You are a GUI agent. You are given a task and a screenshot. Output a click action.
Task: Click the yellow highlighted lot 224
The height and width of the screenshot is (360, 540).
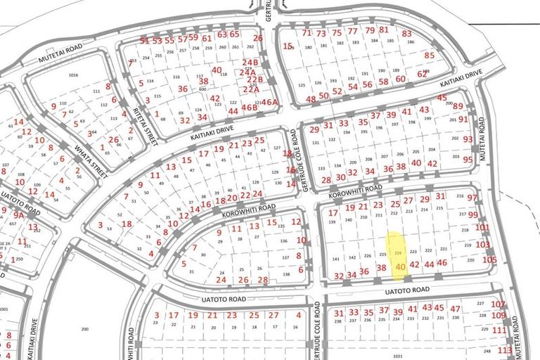[397, 252]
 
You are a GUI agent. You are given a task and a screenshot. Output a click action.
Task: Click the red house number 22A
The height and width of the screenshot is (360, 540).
[250, 89]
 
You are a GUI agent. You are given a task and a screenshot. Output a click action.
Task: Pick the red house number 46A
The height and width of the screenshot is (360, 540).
[270, 101]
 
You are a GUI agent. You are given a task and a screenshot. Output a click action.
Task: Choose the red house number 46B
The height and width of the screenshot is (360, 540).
[250, 108]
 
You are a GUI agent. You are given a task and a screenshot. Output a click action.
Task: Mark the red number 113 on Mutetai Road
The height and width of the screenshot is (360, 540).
[504, 349]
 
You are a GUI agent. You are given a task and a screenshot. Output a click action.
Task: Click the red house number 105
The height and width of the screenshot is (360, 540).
[489, 259]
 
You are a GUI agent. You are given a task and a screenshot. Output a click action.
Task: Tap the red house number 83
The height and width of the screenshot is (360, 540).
[406, 33]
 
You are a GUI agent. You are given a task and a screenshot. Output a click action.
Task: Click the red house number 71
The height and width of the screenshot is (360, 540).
[306, 32]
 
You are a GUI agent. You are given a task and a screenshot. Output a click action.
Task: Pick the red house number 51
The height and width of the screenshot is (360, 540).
[144, 40]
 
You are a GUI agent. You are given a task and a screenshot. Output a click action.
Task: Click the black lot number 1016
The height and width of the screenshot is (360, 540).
[73, 75]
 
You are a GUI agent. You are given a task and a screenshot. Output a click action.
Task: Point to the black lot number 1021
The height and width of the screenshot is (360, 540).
[399, 356]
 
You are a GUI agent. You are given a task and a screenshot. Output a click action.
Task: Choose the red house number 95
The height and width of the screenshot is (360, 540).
[468, 160]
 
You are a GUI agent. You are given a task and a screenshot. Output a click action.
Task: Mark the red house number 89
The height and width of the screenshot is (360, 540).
[458, 106]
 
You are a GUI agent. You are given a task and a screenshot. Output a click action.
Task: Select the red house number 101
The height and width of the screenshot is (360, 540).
[482, 227]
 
